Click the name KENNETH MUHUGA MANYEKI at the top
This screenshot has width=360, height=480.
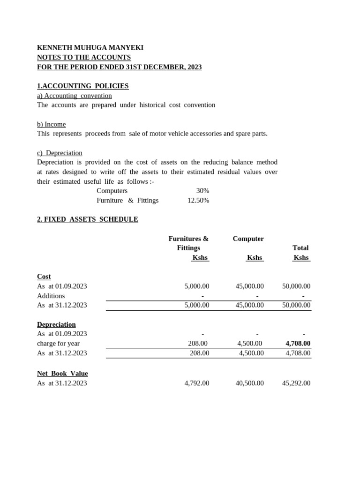90,48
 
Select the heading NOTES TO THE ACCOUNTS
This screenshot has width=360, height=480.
84,57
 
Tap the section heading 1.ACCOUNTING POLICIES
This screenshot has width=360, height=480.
82,86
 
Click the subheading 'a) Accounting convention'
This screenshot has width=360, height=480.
74,96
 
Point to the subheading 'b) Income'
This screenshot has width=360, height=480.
51,124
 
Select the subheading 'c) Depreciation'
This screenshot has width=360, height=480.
60,153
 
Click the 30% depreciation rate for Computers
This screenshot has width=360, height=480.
202,191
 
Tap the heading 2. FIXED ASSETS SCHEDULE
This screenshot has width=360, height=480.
87,219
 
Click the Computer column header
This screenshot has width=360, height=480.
248,239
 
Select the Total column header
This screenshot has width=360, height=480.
300,248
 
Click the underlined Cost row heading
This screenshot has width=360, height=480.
44,277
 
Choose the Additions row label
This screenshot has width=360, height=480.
51,296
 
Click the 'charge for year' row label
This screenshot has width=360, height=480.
58,344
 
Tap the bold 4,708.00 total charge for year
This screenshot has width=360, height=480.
298,344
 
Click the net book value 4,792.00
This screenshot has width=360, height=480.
197,383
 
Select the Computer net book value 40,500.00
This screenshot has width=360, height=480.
249,383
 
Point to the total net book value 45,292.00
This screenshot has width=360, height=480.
296,383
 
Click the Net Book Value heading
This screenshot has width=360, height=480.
62,374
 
